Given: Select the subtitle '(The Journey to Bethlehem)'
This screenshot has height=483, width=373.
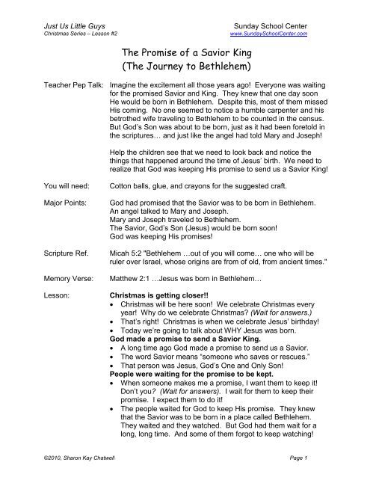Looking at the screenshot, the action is pyautogui.click(x=186, y=70).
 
